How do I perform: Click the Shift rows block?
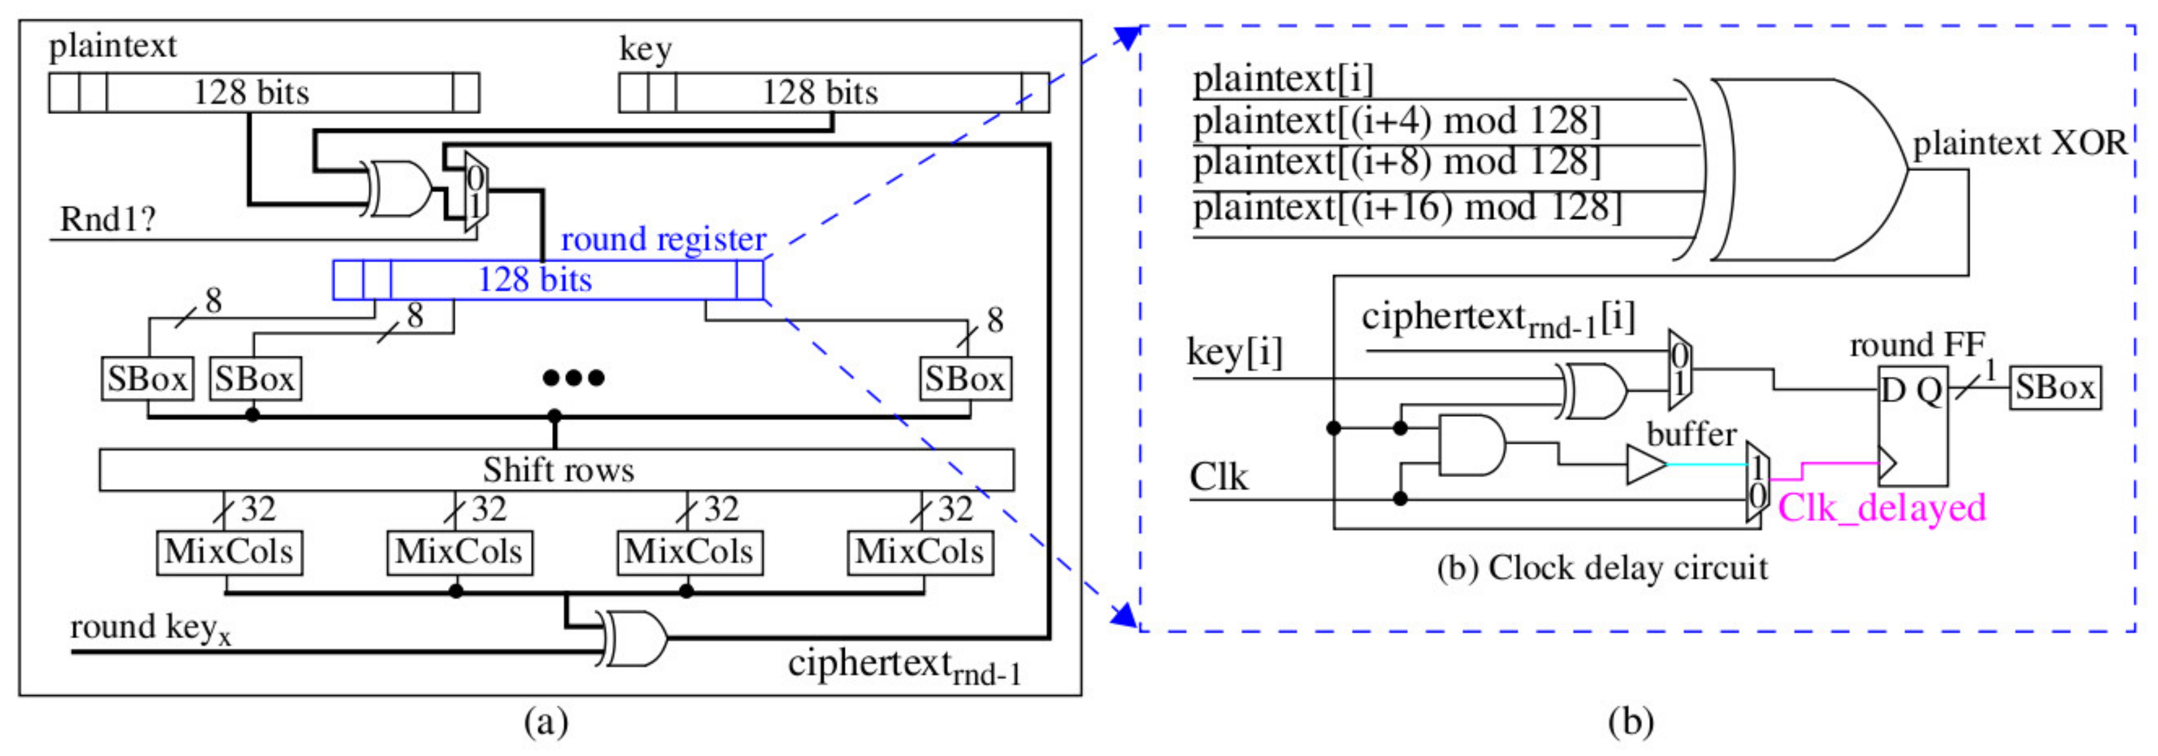point(556,470)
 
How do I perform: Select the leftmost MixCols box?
point(229,552)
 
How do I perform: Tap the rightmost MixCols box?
point(920,552)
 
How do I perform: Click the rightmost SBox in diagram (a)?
point(965,379)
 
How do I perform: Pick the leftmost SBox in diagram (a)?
point(147,379)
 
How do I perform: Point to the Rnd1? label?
point(107,219)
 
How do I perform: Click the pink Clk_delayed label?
point(1880,508)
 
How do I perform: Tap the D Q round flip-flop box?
point(1912,426)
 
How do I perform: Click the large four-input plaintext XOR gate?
point(1801,169)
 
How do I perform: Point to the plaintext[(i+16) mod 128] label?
point(1407,207)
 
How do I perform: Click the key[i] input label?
point(1234,352)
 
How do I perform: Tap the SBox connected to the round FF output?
point(2054,387)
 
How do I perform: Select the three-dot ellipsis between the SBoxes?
point(573,378)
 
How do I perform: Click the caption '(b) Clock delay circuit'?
point(1602,569)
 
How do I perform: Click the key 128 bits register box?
point(833,92)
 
